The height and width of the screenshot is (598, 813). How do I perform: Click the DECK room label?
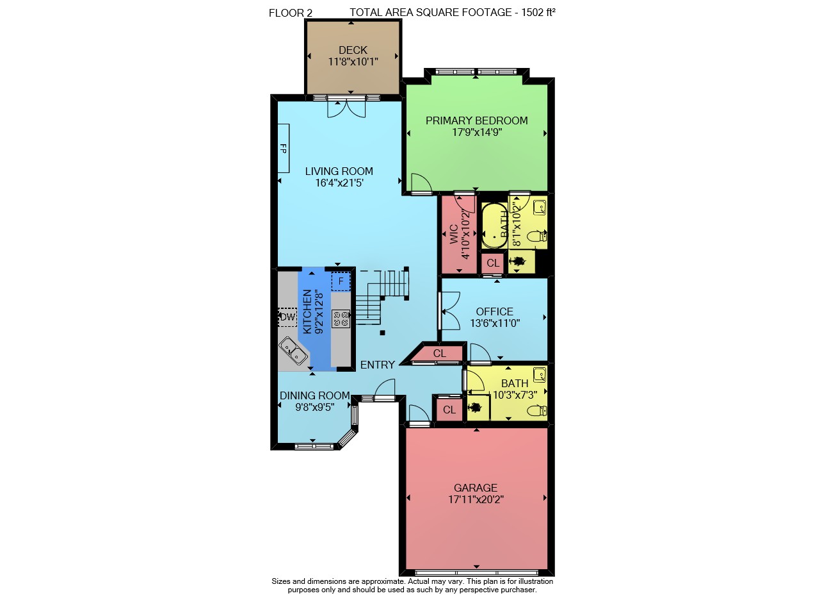(353, 50)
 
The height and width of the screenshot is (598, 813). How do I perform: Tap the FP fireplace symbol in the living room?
(284, 148)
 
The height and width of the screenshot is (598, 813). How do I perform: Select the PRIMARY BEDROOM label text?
(476, 120)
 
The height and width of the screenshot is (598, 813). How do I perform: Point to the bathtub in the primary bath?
(494, 225)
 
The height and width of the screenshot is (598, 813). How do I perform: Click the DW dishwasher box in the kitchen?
(288, 317)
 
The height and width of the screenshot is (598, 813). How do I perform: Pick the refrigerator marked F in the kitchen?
(341, 281)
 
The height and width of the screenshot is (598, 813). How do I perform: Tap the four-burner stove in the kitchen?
(341, 319)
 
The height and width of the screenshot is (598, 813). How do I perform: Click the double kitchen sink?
(293, 351)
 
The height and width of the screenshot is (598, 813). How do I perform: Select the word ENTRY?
(378, 365)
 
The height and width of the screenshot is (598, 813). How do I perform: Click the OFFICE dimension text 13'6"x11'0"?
(495, 323)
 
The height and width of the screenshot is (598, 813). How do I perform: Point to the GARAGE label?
(476, 488)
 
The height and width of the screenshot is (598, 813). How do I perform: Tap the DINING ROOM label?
(315, 395)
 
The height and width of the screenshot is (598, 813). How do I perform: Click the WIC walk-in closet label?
(454, 235)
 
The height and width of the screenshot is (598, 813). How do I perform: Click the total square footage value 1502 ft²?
(538, 12)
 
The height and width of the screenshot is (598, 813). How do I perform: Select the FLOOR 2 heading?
(291, 13)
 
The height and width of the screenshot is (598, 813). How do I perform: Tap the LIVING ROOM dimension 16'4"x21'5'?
(339, 183)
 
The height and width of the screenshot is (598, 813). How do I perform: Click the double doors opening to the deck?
(346, 108)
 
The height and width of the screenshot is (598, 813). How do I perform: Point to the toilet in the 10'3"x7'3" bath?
(537, 411)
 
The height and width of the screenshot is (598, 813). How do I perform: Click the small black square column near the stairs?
(382, 333)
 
